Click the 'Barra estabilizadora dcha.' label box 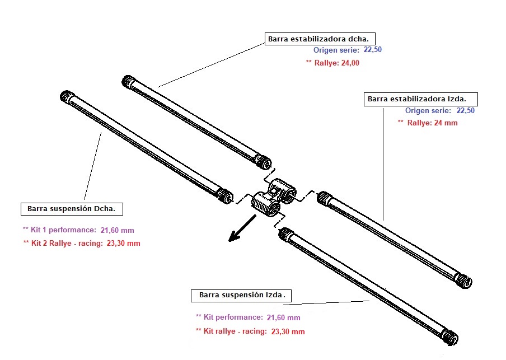(319, 39)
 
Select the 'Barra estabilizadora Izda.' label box (421, 99)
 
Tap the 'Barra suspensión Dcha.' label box (72, 209)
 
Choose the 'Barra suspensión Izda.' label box (242, 294)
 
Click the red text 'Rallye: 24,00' (335, 63)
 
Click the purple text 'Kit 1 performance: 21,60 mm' (78, 230)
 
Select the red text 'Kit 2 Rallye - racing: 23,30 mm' (82, 244)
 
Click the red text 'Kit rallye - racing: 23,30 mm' (250, 331)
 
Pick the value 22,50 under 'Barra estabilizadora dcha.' (373, 50)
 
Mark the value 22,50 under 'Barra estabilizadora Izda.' (466, 111)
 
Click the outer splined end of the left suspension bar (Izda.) (451, 337)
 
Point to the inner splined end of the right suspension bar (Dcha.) (225, 195)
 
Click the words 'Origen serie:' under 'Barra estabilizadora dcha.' (336, 50)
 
